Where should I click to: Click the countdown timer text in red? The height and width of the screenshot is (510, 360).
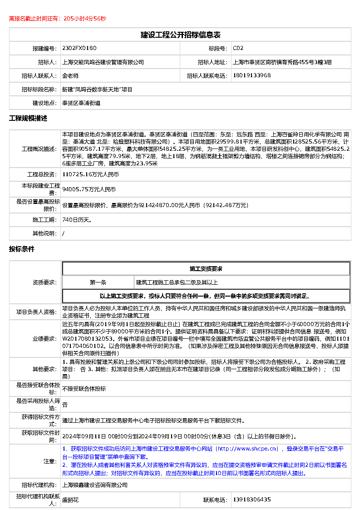tap(58, 19)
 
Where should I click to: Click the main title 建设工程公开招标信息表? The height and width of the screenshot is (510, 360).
tap(180, 35)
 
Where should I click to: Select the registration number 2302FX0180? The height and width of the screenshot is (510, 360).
tap(79, 48)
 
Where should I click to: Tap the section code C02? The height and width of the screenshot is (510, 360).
tap(238, 48)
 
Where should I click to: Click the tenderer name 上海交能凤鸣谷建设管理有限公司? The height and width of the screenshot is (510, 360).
tap(103, 62)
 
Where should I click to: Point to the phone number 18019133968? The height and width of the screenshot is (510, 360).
tap(252, 75)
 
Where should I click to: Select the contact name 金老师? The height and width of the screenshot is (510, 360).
tap(70, 76)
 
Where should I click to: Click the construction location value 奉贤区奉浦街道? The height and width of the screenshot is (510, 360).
tap(81, 103)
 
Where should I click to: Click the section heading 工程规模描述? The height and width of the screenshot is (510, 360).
tap(28, 119)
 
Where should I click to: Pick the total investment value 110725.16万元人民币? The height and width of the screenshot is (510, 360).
tap(90, 174)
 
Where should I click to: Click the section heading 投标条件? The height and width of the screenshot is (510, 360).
tap(22, 249)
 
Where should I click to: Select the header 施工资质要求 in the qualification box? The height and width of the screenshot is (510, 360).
tap(206, 269)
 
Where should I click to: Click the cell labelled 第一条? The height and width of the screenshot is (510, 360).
tap(98, 282)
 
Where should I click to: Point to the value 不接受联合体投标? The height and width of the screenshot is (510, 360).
tap(84, 389)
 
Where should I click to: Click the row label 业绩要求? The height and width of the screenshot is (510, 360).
tap(44, 339)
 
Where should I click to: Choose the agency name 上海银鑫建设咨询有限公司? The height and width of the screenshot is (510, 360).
tap(95, 485)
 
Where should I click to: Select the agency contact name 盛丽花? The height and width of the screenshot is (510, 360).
tap(70, 500)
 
